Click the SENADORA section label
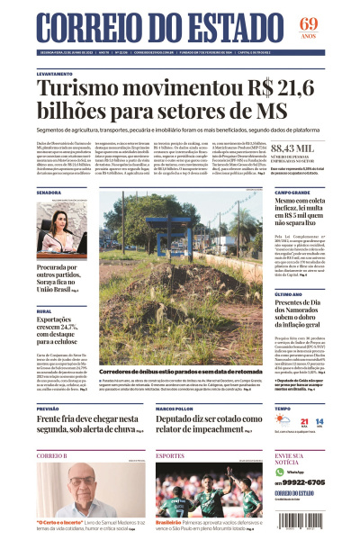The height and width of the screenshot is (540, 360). coord(49,193)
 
